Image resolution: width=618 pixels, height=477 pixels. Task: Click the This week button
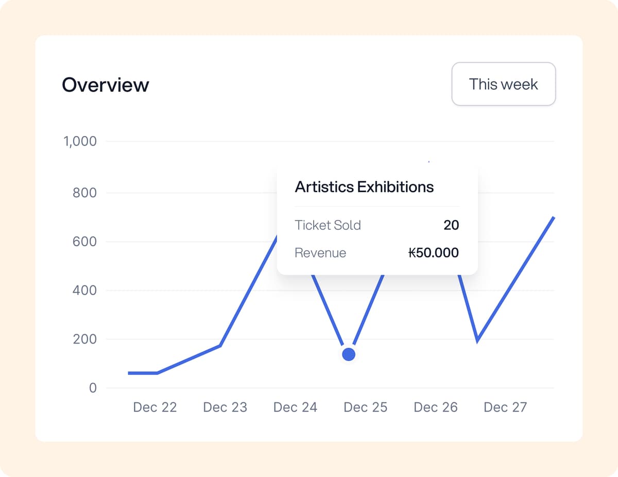point(503,84)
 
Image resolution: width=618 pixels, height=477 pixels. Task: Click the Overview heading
point(106,85)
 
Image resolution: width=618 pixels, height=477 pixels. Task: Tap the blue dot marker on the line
point(349,354)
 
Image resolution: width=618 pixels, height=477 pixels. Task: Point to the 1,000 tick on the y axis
point(80,141)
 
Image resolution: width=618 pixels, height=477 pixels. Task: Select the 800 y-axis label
point(84,193)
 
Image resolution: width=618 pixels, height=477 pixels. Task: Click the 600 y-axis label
point(84,242)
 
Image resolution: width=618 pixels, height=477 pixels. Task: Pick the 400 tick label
point(84,291)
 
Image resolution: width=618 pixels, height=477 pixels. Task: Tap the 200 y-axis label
point(84,339)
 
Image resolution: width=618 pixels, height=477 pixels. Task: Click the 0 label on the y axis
point(93,388)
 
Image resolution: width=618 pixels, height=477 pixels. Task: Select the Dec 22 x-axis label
point(154,407)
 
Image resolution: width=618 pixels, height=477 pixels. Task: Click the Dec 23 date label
point(225,407)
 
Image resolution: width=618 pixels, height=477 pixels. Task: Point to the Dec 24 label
point(295,407)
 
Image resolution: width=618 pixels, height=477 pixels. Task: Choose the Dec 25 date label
point(365,407)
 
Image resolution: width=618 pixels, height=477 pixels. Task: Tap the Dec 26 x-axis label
point(435,407)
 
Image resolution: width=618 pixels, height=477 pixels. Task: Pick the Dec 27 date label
point(505,407)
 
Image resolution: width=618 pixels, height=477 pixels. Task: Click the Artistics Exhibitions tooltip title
point(364,186)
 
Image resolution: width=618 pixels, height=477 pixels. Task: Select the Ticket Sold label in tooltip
point(328,225)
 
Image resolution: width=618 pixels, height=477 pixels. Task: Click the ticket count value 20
point(451,225)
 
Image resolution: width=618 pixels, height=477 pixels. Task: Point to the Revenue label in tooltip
point(320,253)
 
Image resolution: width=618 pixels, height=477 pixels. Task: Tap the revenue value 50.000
point(433,253)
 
